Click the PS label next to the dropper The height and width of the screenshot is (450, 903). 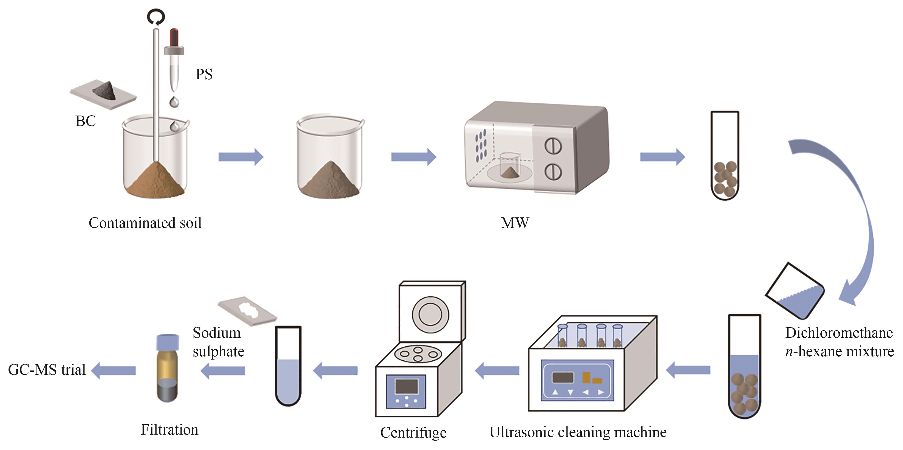204,74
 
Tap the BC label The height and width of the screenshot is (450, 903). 85,121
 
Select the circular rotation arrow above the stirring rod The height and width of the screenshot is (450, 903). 156,16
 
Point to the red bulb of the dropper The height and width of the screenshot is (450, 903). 174,37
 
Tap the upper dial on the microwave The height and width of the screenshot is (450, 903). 553,146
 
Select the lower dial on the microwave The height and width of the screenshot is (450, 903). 553,172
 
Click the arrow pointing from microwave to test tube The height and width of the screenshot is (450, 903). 662,157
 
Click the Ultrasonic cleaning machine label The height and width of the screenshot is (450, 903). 578,432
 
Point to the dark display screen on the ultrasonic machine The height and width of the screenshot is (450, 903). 563,377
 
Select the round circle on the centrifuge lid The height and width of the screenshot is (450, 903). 430,314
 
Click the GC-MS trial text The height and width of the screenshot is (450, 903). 47,370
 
